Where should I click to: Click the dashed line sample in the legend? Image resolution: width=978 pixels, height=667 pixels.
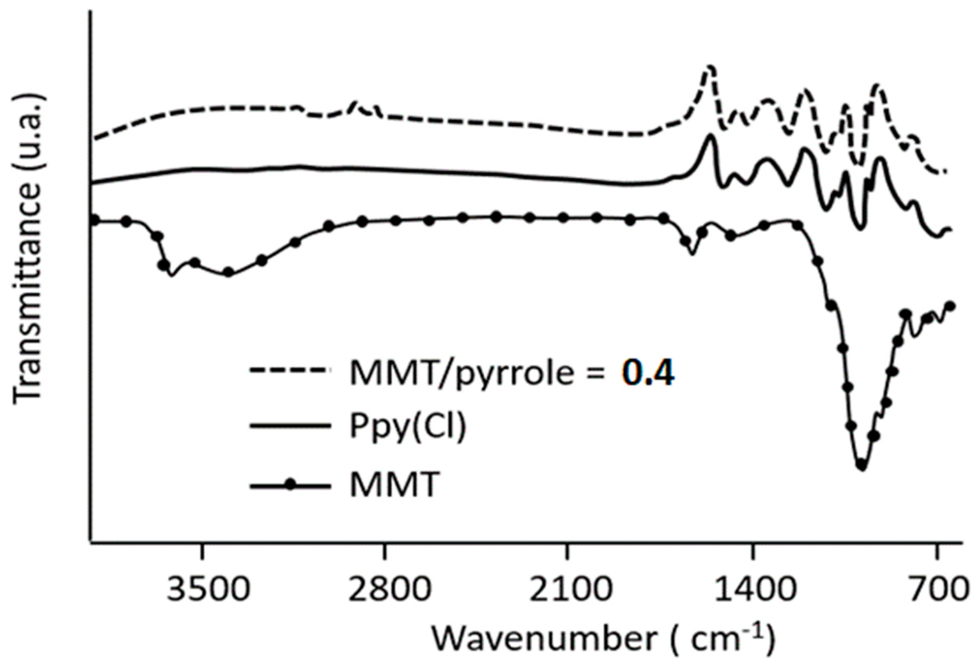(290, 370)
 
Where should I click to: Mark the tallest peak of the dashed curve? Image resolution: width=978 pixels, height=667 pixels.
(710, 67)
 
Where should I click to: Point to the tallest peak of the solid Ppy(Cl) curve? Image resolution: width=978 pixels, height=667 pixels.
(711, 136)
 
